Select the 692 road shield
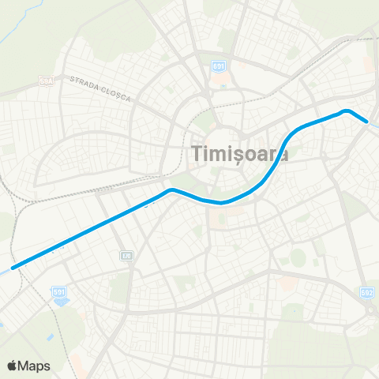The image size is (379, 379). pyautogui.click(x=366, y=292)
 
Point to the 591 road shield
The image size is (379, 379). pyautogui.click(x=58, y=292)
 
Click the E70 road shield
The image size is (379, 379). pyautogui.click(x=126, y=256)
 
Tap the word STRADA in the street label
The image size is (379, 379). pyautogui.click(x=82, y=81)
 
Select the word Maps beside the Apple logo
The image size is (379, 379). pyautogui.click(x=36, y=366)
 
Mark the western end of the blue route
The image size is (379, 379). pyautogui.click(x=13, y=267)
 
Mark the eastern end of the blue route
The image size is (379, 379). pyautogui.click(x=366, y=121)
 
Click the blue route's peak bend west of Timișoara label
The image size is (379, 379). pyautogui.click(x=171, y=190)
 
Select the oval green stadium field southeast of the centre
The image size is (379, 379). pyautogui.click(x=298, y=257)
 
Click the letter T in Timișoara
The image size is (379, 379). pyautogui.click(x=198, y=153)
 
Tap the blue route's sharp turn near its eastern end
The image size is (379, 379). pyautogui.click(x=346, y=111)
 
